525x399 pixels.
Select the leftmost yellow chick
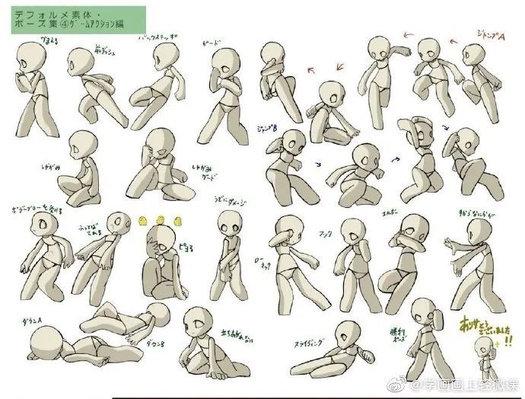point(144,219)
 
